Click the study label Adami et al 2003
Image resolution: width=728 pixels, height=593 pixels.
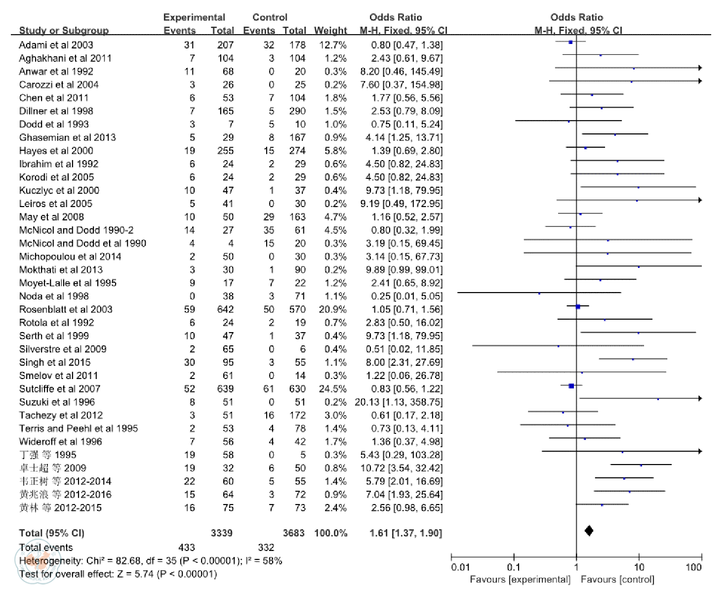(x=56, y=45)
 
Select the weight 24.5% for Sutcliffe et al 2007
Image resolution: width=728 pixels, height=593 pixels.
(x=332, y=389)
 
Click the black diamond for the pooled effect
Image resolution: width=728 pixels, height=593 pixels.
(x=588, y=531)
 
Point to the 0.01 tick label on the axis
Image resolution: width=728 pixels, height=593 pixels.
(x=460, y=567)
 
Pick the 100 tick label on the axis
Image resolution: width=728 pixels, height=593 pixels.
(x=693, y=567)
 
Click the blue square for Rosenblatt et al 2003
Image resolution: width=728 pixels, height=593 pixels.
(x=577, y=306)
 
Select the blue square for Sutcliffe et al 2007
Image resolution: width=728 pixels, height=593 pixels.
(x=571, y=385)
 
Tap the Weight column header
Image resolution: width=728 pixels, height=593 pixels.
(x=330, y=31)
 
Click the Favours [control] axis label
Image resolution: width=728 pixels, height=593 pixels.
(x=617, y=579)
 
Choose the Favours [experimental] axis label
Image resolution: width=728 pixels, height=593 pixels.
(x=520, y=579)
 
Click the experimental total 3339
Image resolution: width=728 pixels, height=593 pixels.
(x=221, y=533)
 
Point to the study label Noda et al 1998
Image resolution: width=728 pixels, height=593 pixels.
(x=54, y=296)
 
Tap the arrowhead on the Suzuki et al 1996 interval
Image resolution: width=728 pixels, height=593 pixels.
(x=699, y=398)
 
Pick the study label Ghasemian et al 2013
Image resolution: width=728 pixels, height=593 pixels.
(x=67, y=137)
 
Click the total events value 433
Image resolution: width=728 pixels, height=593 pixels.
(x=186, y=548)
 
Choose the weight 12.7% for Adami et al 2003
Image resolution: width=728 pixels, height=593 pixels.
(x=332, y=45)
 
